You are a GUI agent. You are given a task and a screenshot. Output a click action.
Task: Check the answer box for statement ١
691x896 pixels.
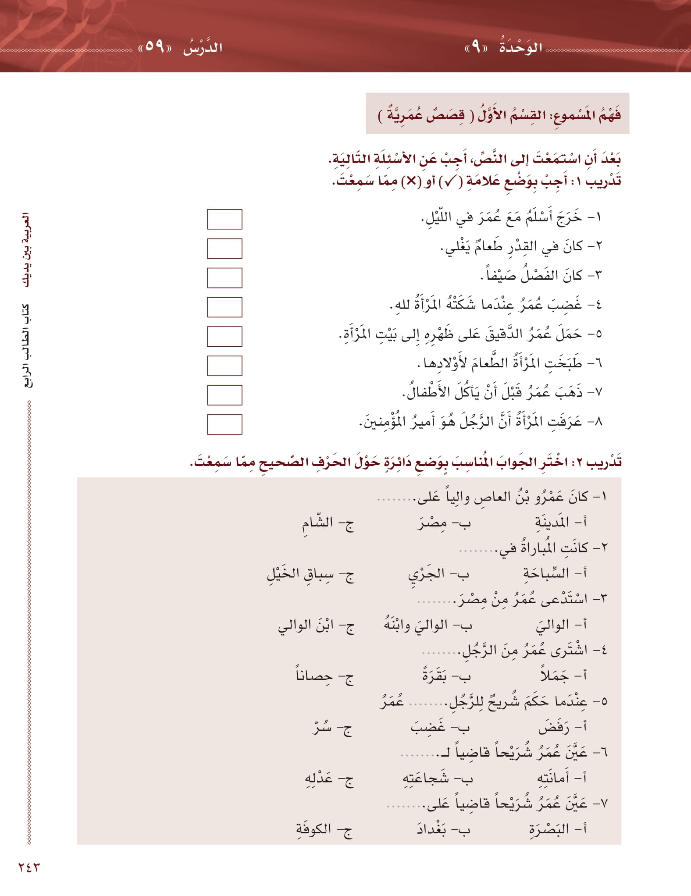point(224,219)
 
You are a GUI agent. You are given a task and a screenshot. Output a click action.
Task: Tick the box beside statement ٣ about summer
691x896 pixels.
point(224,278)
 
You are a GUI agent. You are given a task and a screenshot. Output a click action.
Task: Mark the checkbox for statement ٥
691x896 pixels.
point(224,337)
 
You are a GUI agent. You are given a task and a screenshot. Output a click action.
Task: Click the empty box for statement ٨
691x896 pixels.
point(224,424)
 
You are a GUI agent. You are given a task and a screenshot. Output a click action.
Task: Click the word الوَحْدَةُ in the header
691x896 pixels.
point(521,47)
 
